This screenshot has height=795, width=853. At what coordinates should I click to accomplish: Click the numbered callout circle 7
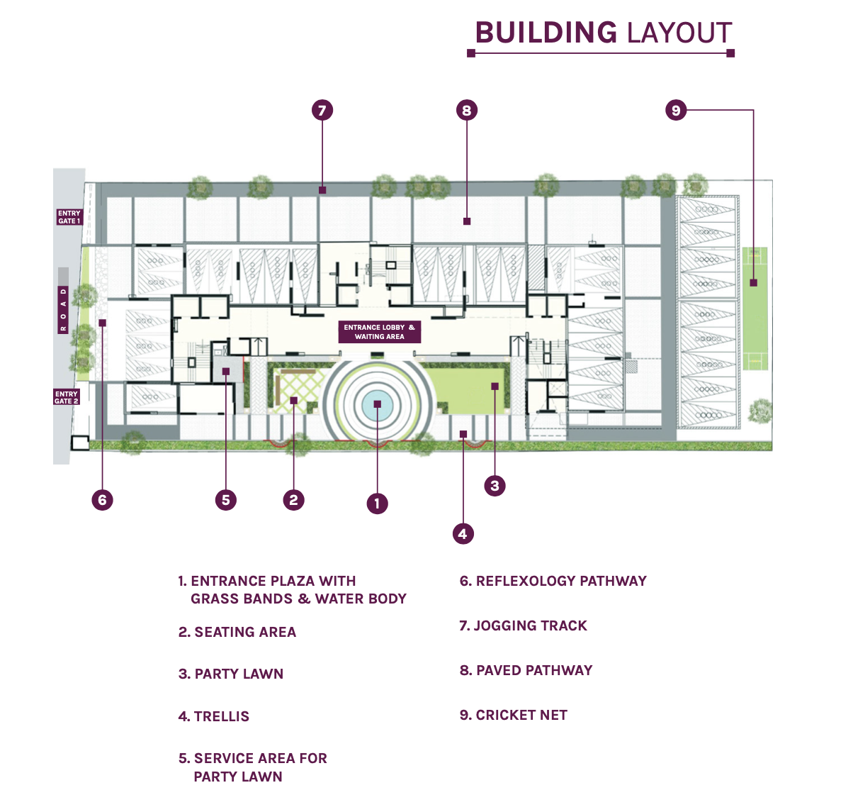coord(322,110)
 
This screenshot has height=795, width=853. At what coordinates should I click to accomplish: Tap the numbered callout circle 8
coord(466,110)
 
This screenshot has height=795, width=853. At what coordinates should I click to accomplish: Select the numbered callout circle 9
coord(676,110)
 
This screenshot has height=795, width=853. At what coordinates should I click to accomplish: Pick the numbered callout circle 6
coord(102,500)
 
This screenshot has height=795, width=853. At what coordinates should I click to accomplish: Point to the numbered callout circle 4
coord(463,533)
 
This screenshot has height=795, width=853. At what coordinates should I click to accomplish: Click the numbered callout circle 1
coord(377,504)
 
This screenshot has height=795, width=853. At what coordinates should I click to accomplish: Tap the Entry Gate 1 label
coord(69,217)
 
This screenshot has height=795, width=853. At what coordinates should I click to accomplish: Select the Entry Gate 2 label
coord(67,397)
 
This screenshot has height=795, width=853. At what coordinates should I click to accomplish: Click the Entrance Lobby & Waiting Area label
coord(379,332)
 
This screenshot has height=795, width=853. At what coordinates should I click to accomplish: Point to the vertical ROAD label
coord(63,309)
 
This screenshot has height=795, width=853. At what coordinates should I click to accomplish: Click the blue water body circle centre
coord(377,404)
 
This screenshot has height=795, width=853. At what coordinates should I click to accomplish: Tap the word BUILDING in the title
coord(546,33)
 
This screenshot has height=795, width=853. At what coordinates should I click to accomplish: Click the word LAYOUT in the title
coord(679,33)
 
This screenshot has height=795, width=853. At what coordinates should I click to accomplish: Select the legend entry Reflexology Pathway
coord(553,581)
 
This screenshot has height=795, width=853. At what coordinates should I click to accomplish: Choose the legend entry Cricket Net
coord(513,715)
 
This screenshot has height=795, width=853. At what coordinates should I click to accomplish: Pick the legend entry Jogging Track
coord(523,626)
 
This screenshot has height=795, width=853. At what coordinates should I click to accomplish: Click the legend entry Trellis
coord(213,716)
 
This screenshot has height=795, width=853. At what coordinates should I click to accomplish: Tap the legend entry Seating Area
coord(237,632)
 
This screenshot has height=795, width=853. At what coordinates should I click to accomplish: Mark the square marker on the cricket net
coord(754,283)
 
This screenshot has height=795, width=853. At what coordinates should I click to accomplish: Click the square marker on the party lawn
coord(495,387)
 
